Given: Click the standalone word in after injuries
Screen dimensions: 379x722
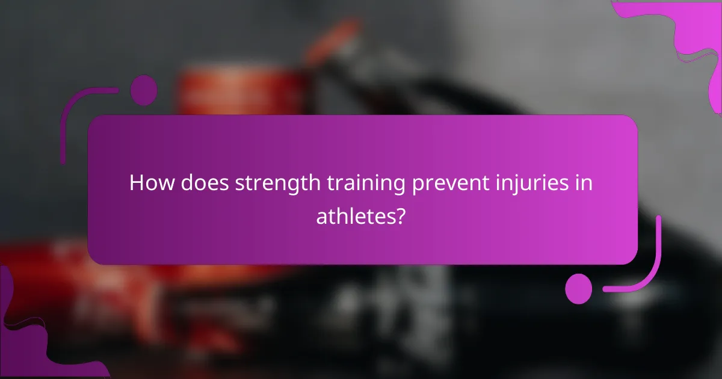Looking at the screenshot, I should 584,183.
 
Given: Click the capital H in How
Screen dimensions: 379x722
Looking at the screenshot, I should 137,183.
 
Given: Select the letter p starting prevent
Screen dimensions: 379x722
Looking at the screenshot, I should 417,186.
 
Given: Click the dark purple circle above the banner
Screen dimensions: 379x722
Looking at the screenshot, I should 144,90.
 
